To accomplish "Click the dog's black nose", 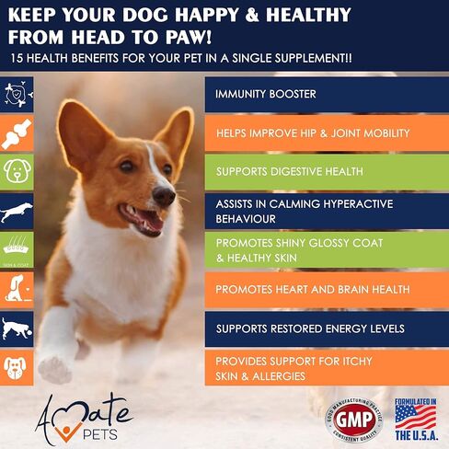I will pyautogui.click(x=164, y=195).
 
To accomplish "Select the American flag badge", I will pyautogui.click(x=415, y=414).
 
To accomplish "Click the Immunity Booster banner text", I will pyautogui.click(x=266, y=95).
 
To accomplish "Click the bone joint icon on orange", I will pyautogui.click(x=17, y=133).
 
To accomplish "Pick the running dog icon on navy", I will pyautogui.click(x=17, y=212).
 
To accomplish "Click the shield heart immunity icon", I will pyautogui.click(x=17, y=94).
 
